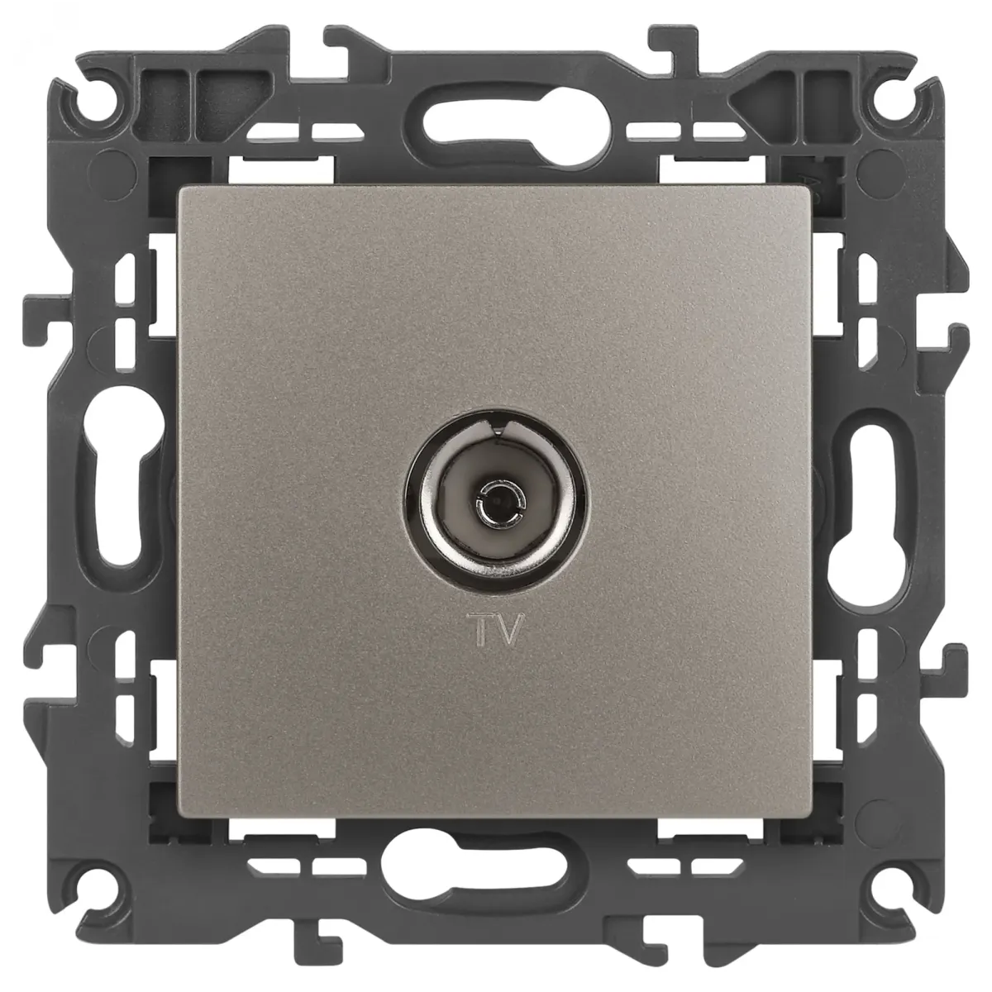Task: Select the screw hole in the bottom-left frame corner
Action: coord(98,889)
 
